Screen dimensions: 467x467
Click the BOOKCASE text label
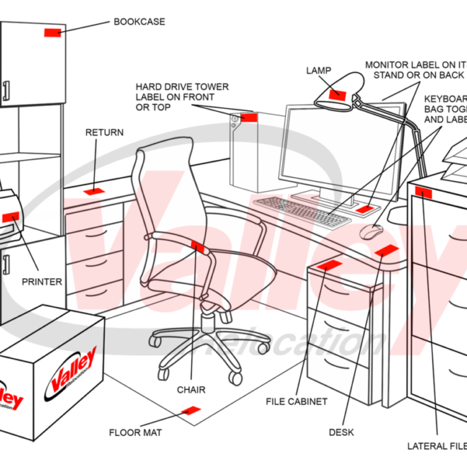[139, 22]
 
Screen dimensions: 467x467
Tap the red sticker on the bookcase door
[52, 33]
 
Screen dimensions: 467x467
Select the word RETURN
[104, 132]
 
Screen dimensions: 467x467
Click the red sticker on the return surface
[94, 191]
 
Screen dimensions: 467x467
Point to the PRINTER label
[42, 282]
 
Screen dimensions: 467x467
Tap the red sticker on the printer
[10, 217]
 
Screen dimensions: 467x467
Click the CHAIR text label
[191, 390]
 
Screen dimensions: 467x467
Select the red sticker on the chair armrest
[198, 246]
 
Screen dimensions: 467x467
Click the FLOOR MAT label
[135, 432]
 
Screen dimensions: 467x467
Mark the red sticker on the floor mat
[191, 410]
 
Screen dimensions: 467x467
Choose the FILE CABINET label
[296, 402]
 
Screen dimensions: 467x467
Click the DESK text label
[341, 432]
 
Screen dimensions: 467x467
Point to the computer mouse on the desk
[370, 231]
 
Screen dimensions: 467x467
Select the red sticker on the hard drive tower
[247, 117]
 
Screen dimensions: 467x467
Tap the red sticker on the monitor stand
[364, 209]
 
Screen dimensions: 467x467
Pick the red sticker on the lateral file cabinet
[424, 191]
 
